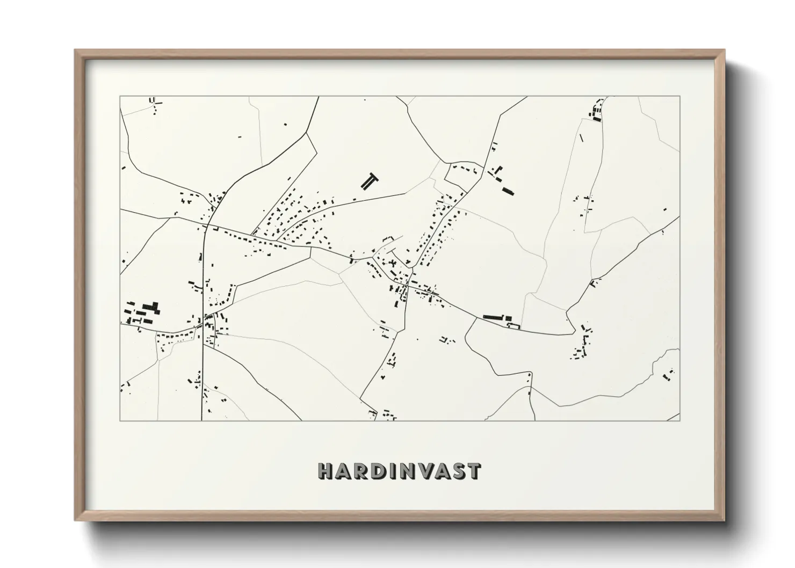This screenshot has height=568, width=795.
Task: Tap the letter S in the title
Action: (x=459, y=471)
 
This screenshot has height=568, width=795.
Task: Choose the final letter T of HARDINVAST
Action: (x=474, y=471)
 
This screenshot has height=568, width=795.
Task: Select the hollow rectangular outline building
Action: (x=515, y=325)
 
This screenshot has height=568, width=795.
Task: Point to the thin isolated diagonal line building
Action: (x=581, y=138)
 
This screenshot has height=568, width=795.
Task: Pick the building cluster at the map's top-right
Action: (x=596, y=111)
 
